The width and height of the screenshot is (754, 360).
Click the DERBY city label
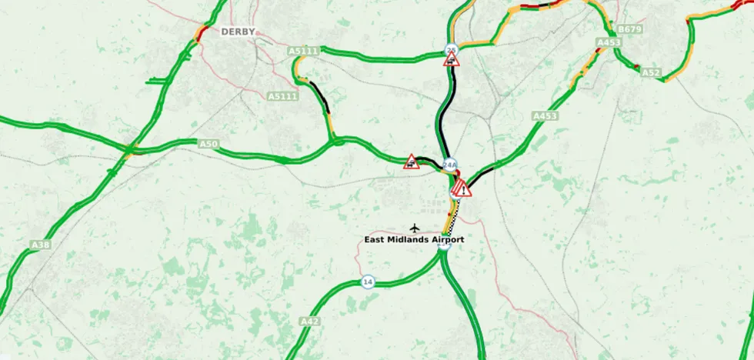coord(238,32)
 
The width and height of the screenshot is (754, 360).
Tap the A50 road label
coord(209,144)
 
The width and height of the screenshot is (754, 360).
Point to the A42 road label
coord(309,321)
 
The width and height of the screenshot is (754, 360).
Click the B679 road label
coord(631,30)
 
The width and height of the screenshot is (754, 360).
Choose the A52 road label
coord(651,73)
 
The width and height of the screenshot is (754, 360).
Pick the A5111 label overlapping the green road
coord(303,52)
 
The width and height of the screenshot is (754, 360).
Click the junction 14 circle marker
coord(369,282)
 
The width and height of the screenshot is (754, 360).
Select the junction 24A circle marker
coord(450,165)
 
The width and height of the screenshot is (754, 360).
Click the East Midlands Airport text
coord(414,240)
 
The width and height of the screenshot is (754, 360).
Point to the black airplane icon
coord(415,228)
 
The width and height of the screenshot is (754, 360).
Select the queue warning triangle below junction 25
coord(452,60)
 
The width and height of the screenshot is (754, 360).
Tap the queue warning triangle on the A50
coord(412,162)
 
